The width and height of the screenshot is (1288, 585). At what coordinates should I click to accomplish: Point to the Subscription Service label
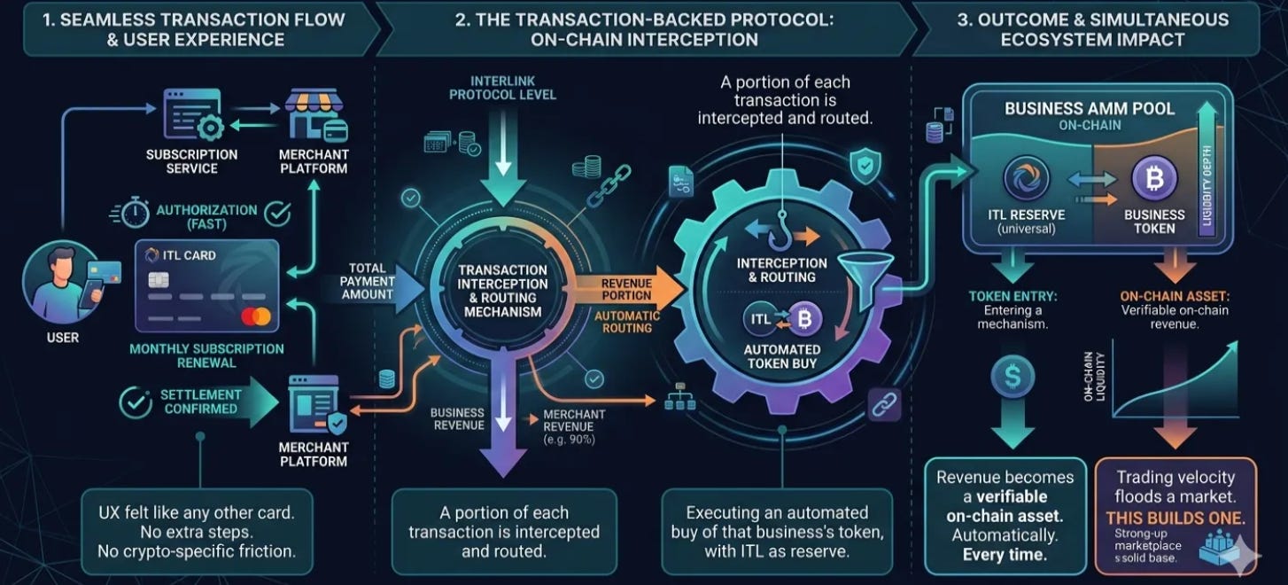192,160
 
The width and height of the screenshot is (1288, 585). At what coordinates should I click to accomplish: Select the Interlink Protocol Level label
503,87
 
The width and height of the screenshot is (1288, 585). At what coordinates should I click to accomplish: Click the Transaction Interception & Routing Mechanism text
503,291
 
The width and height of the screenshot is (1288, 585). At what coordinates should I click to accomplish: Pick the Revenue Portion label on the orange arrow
626,288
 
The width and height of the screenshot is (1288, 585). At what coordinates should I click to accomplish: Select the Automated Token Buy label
781,356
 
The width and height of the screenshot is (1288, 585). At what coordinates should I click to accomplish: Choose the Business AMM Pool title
1090,109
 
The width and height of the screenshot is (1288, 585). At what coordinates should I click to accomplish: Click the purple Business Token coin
1154,179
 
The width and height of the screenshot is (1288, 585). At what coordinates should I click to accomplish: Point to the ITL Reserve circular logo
1026,179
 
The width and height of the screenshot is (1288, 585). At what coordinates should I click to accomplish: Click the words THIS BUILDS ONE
1175,517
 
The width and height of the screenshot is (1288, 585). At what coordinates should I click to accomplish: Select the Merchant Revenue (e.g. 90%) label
574,426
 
